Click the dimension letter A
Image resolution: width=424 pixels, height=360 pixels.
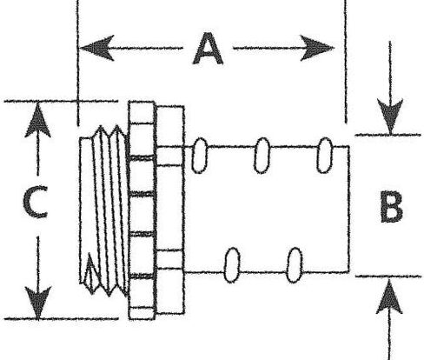tap(208, 49)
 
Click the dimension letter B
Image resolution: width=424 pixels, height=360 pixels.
tap(391, 207)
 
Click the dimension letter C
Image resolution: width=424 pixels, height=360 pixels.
tap(36, 202)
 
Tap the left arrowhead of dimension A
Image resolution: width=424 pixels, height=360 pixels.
tap(96, 48)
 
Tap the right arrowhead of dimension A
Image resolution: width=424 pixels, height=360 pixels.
tap(317, 48)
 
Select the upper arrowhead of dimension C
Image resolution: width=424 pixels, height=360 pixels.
tap(38, 120)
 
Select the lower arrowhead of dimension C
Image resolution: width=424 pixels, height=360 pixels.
tap(38, 302)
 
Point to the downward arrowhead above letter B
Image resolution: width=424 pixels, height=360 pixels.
tap(390, 117)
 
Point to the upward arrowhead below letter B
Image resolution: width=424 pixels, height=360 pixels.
tap(389, 297)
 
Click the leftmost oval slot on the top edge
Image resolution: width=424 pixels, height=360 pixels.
tap(200, 156)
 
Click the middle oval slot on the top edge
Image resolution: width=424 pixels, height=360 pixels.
tap(262, 156)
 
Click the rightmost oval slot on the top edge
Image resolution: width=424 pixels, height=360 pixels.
tap(325, 156)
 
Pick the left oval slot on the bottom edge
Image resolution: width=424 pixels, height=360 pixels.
tap(232, 265)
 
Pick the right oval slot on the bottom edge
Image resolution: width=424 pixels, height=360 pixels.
tap(295, 265)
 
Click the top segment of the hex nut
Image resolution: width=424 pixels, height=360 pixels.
tap(141, 112)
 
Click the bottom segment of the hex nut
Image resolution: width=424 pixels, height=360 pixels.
tap(142, 313)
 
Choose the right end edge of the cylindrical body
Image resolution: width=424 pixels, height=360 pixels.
tap(348, 210)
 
